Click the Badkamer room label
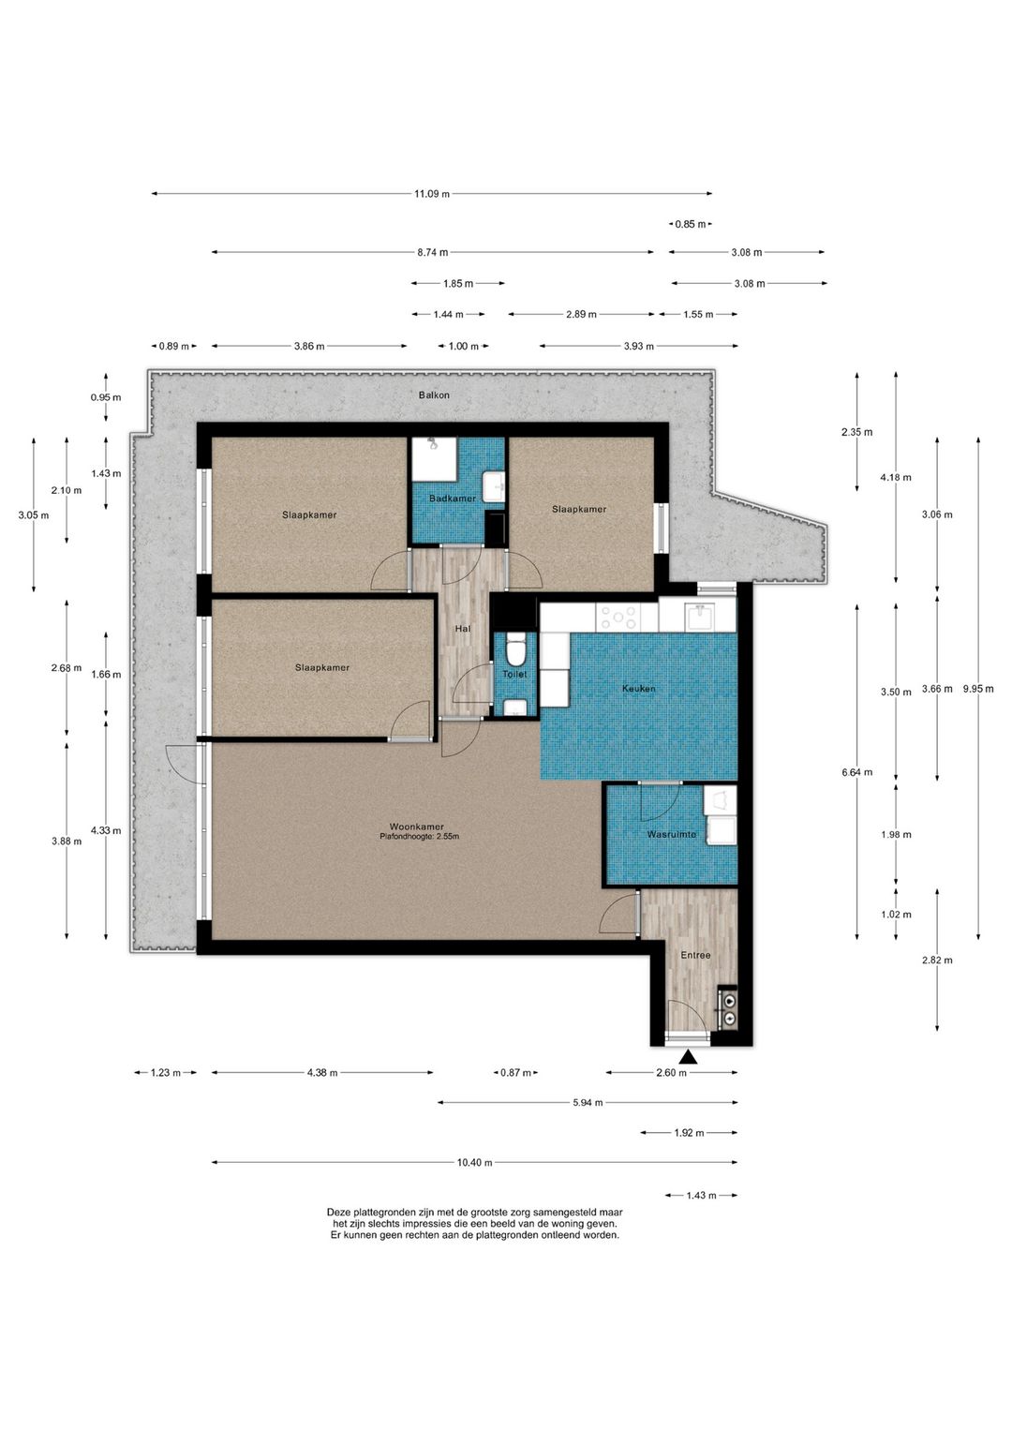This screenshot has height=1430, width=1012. coord(452,498)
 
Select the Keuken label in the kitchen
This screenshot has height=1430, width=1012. coord(639,688)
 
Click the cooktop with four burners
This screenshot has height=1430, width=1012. coord(617,618)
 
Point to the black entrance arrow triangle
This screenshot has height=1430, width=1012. coord(688,1058)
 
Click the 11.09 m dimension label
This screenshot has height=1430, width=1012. coord(432,193)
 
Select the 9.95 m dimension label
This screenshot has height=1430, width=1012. coord(978,688)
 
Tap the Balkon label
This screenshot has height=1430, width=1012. coord(434,395)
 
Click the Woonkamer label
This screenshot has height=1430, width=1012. coord(417,827)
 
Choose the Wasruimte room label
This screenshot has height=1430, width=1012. coord(671,834)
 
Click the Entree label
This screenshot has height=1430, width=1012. coord(695,955)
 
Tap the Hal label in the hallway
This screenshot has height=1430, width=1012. coord(463,629)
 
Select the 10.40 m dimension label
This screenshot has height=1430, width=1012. coord(474,1163)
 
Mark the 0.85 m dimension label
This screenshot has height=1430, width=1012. coord(691,224)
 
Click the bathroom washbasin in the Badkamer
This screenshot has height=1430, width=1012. coord(494,487)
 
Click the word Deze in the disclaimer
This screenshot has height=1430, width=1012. coord(339,1212)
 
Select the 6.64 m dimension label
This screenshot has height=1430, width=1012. coord(856,772)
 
